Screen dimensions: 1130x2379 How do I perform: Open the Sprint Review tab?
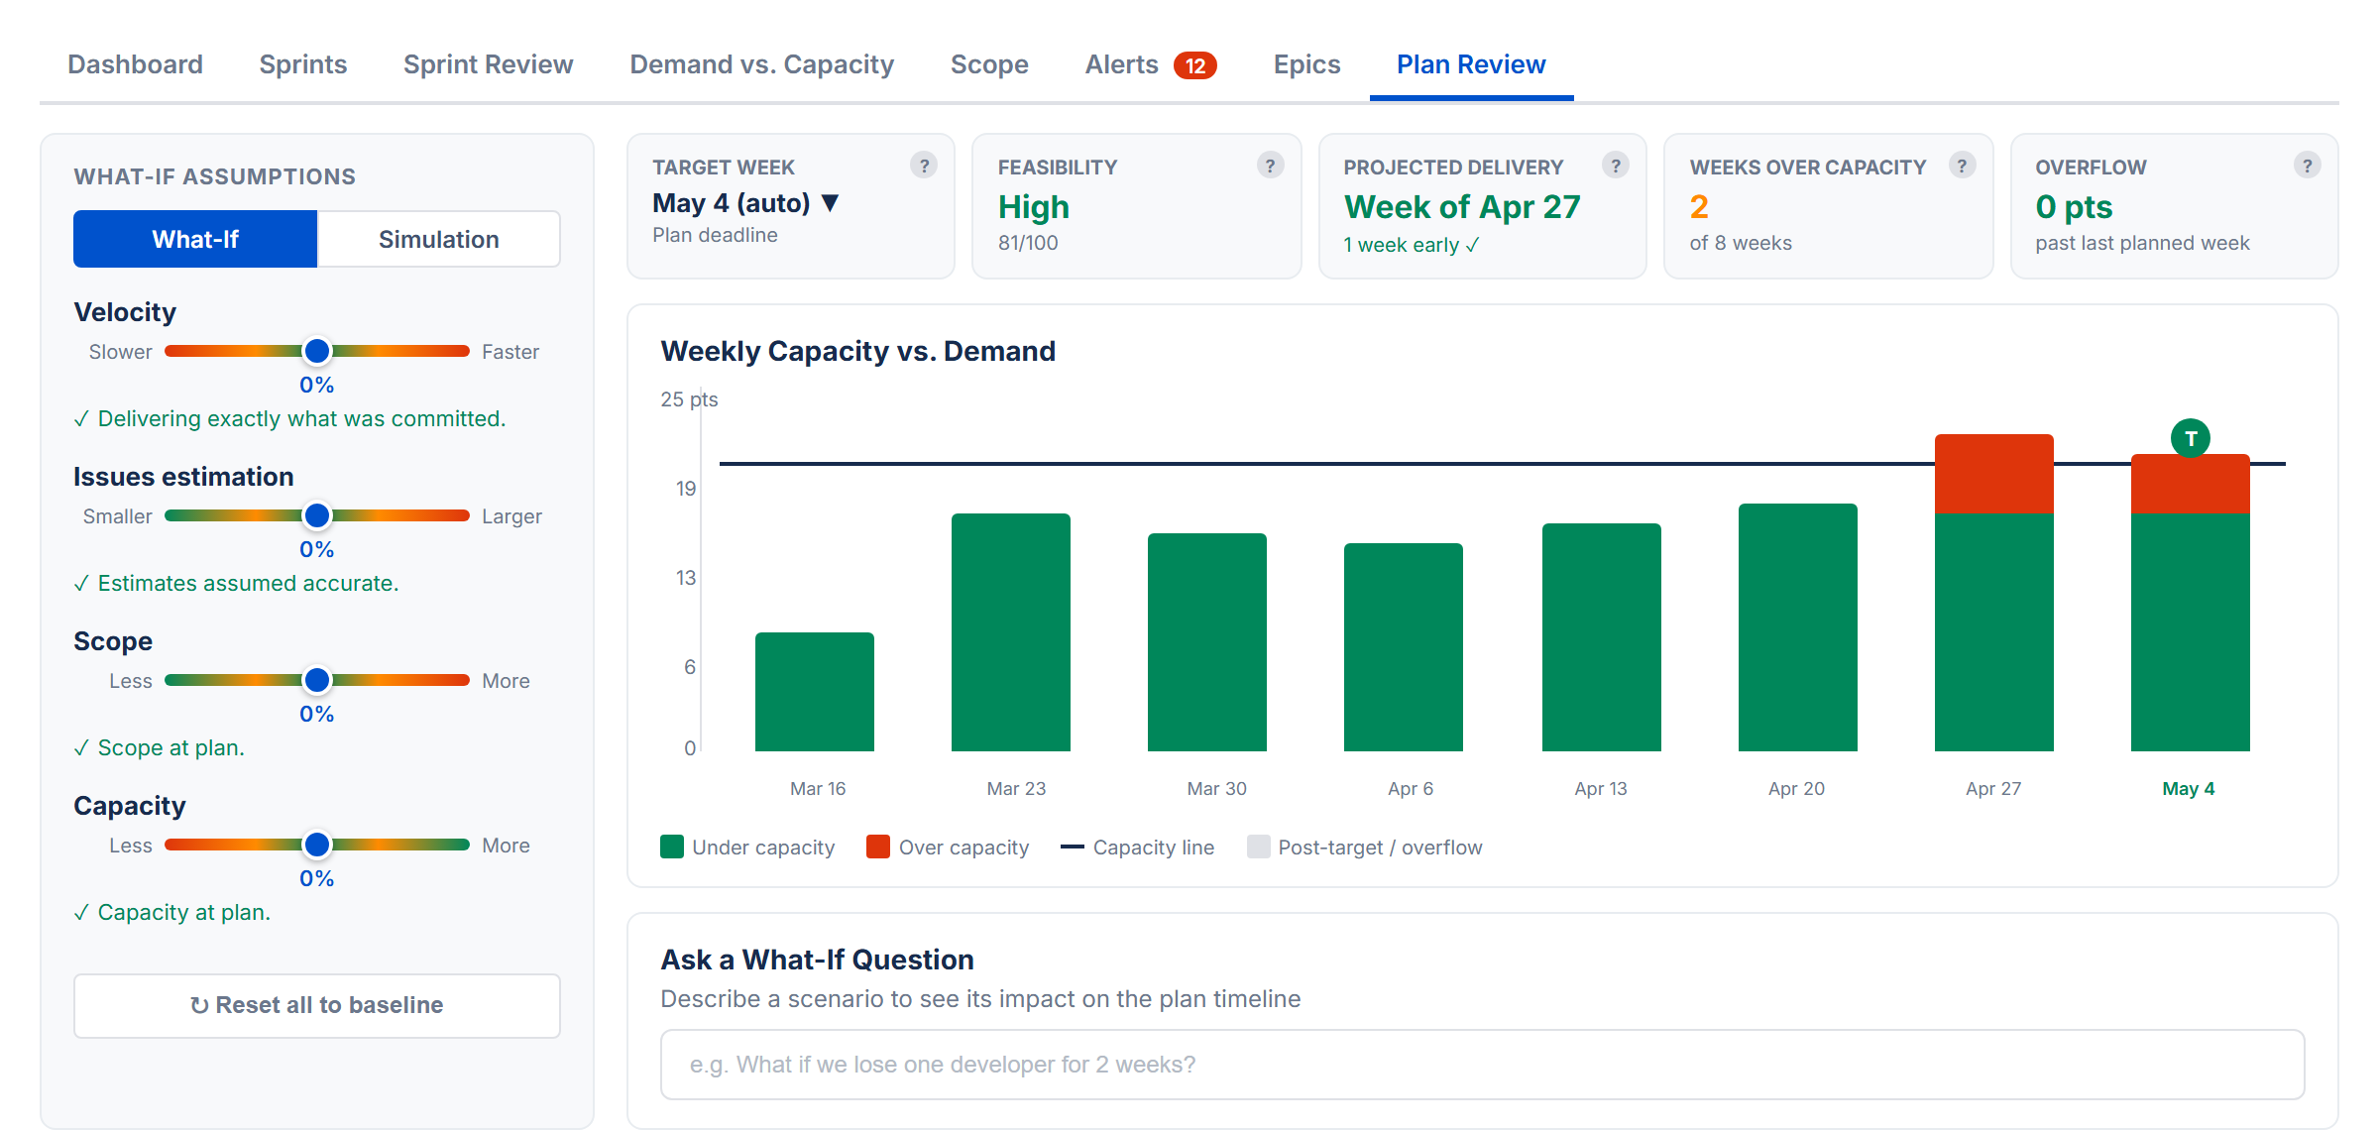[488, 64]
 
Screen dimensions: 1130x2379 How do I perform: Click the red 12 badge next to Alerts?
[1194, 65]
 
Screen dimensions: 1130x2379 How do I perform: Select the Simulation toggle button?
[438, 239]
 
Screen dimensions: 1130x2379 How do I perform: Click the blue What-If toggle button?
[195, 239]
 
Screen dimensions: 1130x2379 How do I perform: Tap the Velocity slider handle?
[317, 351]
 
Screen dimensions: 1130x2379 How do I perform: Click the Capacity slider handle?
[317, 845]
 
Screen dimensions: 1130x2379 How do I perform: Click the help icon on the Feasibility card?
[1270, 166]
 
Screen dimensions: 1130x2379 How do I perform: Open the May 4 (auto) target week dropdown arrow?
[831, 203]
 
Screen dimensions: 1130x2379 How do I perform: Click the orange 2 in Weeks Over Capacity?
[1699, 207]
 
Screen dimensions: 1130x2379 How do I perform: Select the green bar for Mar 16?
[815, 692]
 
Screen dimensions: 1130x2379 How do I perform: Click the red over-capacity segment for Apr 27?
[1993, 474]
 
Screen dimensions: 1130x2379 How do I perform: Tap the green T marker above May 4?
[2190, 438]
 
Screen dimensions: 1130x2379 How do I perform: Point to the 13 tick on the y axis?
[686, 578]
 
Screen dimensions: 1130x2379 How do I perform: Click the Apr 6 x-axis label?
[1410, 789]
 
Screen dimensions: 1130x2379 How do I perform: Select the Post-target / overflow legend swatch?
[1259, 847]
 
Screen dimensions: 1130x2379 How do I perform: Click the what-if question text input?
[1482, 1065]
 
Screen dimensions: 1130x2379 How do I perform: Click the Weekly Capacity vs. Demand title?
[857, 351]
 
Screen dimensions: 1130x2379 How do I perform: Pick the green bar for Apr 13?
[1601, 637]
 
